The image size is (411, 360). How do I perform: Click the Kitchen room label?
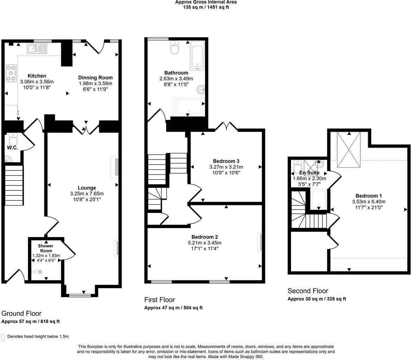click(x=37, y=76)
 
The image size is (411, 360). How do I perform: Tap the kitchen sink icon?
click(x=37, y=49)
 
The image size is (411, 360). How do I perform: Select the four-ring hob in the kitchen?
click(x=11, y=73)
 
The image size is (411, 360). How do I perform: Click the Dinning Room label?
click(x=95, y=78)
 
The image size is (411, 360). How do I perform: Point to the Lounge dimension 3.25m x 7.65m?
click(x=87, y=194)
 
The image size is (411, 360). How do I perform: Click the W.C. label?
click(x=12, y=148)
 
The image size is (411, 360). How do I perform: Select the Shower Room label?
click(x=46, y=248)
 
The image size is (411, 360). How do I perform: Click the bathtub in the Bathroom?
click(x=197, y=56)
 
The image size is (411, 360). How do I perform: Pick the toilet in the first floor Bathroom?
click(x=175, y=47)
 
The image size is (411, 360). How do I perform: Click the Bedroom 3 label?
click(x=226, y=161)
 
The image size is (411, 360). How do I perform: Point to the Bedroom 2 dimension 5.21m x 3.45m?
click(x=205, y=243)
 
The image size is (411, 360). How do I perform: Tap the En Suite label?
click(x=309, y=173)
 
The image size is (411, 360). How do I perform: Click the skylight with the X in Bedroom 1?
click(x=349, y=149)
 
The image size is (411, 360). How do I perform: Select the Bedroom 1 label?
click(x=369, y=196)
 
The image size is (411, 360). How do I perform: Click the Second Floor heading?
click(x=308, y=291)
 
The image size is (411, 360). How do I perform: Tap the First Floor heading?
click(x=159, y=300)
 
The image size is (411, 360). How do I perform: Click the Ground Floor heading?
click(x=21, y=313)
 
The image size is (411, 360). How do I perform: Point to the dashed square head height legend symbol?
click(x=3, y=337)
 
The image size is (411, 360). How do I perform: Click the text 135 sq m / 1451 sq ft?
click(x=206, y=7)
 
